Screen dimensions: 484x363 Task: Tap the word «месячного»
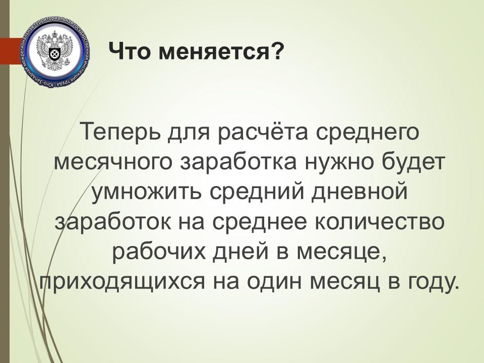pos(112,163)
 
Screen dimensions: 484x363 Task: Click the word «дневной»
pos(359,192)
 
